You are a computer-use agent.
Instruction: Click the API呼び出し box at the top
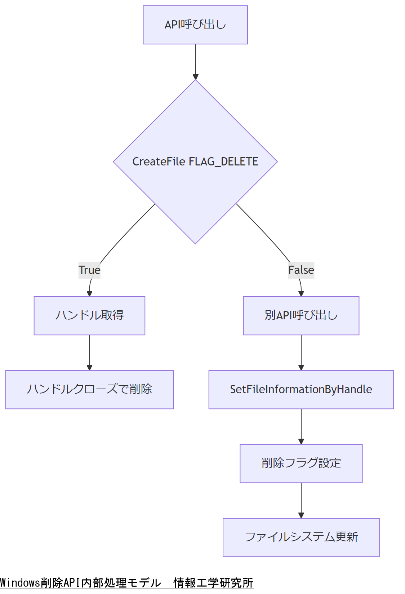[x=195, y=25]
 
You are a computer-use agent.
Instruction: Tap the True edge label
[x=89, y=270]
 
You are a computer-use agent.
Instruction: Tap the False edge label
[x=301, y=270]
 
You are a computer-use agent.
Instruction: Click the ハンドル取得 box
[x=89, y=315]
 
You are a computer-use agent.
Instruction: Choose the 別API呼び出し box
[x=301, y=315]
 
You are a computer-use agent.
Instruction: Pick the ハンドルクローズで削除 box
[x=89, y=389]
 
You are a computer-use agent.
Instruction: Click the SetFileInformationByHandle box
[x=301, y=389]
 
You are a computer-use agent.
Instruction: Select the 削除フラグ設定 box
[x=301, y=463]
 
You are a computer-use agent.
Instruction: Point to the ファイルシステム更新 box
[x=301, y=537]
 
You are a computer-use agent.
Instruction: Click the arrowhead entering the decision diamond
[x=195, y=77]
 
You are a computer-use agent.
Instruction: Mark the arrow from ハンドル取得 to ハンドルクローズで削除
[x=89, y=351]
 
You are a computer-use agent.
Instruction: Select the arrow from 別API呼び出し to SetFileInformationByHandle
[x=301, y=351]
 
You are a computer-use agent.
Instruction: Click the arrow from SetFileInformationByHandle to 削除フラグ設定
[x=301, y=425]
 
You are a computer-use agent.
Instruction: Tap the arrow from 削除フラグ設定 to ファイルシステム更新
[x=301, y=499]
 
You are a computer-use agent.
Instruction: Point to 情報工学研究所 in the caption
[x=213, y=583]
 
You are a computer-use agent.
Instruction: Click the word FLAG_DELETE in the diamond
[x=223, y=161]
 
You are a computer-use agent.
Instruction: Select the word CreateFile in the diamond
[x=159, y=161]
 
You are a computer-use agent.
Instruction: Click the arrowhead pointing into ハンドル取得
[x=89, y=294]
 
